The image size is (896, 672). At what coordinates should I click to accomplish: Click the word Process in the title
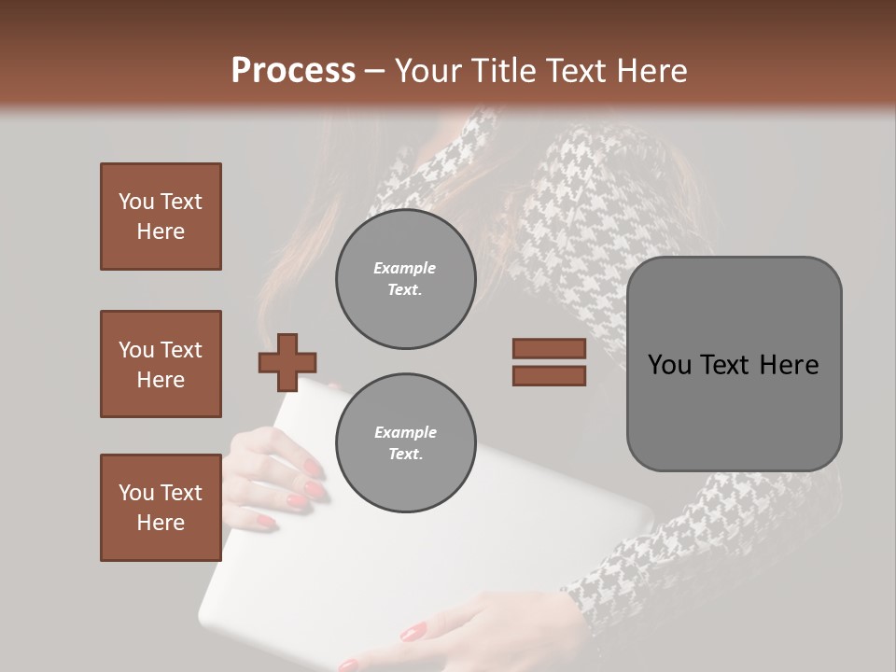[x=293, y=70]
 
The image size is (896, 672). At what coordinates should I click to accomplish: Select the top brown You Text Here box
[x=161, y=217]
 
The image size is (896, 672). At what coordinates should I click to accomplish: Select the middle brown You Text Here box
[x=161, y=364]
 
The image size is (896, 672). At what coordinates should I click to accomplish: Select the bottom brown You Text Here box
[x=161, y=508]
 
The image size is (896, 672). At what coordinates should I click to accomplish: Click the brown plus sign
[x=287, y=362]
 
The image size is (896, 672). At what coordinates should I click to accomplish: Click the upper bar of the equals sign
[x=549, y=348]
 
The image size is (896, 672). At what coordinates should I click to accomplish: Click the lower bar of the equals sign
[x=549, y=376]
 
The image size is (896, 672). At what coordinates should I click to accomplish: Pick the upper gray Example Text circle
[x=405, y=279]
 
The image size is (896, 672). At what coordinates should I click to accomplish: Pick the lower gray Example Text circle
[x=405, y=443]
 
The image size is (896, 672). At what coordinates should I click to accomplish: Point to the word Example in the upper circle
[x=404, y=268]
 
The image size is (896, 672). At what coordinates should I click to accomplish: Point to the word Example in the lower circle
[x=404, y=432]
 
